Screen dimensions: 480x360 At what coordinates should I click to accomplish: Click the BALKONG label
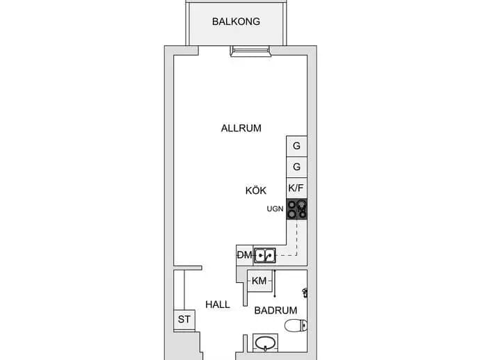[236, 22]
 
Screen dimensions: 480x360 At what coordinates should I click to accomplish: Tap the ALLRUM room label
[241, 128]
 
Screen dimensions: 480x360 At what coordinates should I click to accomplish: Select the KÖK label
[256, 190]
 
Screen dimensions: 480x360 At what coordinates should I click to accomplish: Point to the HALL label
[218, 304]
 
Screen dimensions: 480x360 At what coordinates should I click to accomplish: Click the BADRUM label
[275, 311]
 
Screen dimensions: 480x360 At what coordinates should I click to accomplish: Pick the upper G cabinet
[296, 146]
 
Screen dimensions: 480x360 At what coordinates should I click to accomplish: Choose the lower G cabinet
[296, 167]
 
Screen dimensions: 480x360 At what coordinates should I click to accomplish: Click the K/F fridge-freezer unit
[296, 188]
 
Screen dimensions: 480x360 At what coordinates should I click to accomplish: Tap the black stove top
[296, 209]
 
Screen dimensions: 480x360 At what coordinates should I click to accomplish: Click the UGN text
[275, 209]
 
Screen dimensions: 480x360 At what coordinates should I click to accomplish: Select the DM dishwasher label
[245, 255]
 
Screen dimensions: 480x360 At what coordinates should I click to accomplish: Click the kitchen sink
[265, 255]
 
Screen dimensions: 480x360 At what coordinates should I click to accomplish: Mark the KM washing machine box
[259, 281]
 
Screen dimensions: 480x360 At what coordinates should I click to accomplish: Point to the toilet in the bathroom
[296, 325]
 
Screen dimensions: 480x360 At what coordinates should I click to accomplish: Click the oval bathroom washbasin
[266, 343]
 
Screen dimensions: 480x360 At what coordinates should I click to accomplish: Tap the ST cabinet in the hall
[184, 320]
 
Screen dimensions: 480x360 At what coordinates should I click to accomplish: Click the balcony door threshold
[250, 51]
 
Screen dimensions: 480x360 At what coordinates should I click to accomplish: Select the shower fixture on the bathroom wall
[305, 293]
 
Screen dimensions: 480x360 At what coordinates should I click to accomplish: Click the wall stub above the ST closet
[188, 268]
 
